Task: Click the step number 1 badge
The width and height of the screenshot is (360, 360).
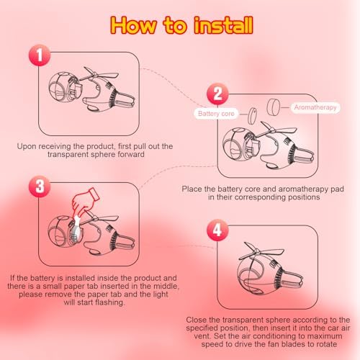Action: pos(40,55)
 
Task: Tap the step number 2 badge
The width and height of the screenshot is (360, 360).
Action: pos(217,94)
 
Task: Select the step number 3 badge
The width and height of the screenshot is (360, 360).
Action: pos(40,186)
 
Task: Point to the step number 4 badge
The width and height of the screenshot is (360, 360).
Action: pos(217,230)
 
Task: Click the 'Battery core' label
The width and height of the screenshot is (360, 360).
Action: pos(216,114)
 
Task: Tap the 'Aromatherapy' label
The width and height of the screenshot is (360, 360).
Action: pos(315,107)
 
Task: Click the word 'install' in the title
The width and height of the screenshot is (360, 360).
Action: pos(223,25)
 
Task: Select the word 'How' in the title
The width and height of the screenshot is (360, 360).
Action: pos(133,25)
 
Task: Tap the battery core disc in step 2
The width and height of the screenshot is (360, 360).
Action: pos(252,116)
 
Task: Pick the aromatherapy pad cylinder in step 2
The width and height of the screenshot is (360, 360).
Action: pos(274,107)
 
